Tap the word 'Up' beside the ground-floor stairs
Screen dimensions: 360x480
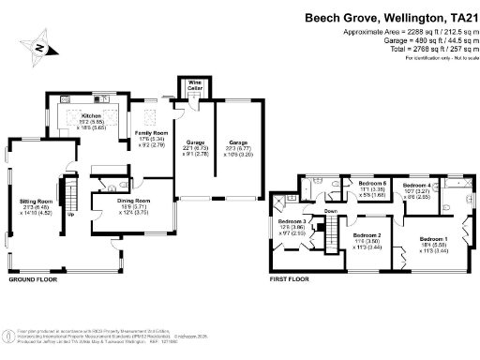(x=73, y=214)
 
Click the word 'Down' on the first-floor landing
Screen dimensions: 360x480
(x=330, y=212)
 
